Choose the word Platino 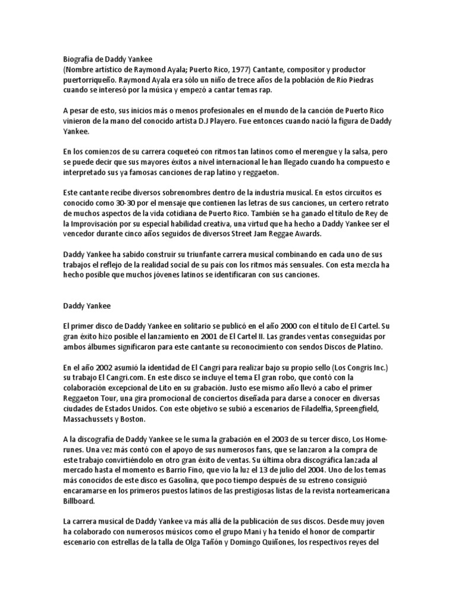pyautogui.click(x=372, y=346)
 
